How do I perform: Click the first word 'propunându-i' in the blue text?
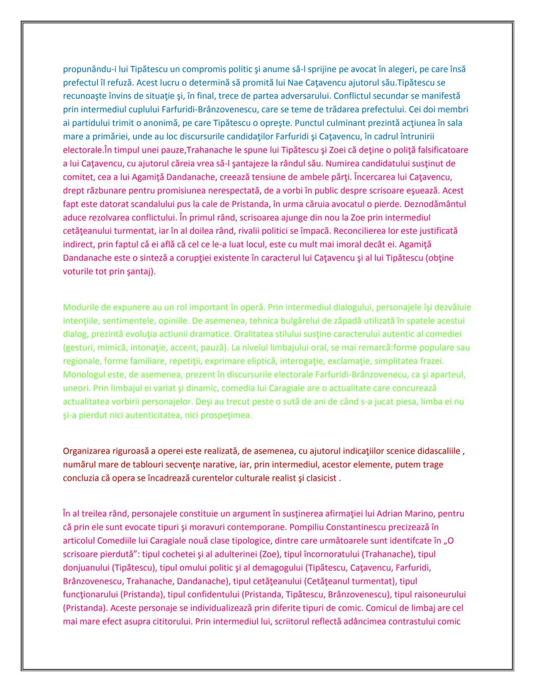coord(87,69)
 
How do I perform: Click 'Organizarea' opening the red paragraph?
coord(86,451)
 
